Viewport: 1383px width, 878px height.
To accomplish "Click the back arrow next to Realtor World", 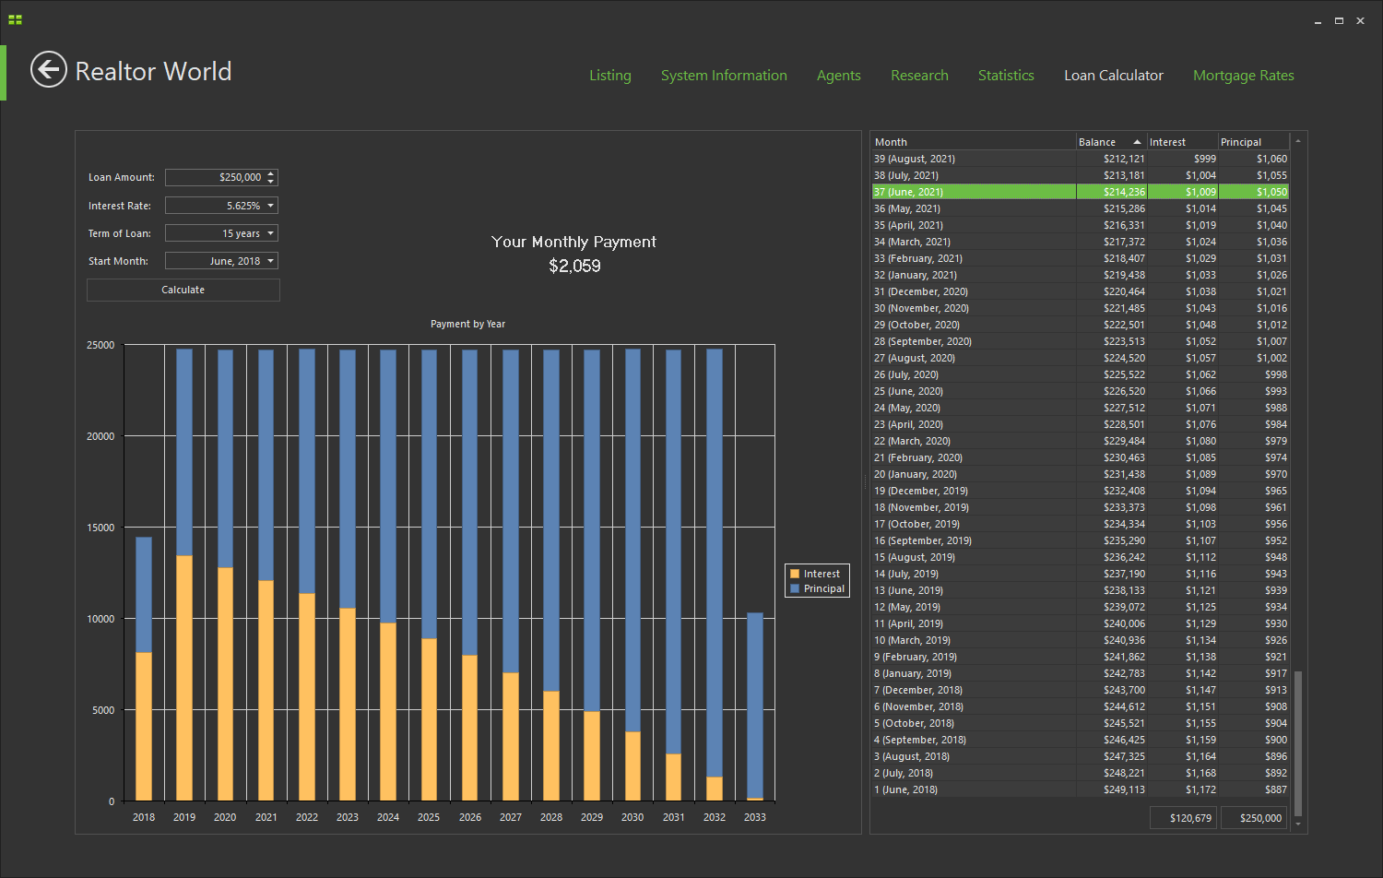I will pos(48,70).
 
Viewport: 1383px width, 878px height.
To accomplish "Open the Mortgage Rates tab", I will pos(1243,76).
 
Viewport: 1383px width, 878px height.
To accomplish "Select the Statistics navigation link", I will pos(1005,76).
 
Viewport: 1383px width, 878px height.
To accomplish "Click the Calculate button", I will pos(183,290).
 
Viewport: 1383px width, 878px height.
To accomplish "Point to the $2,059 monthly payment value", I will pos(574,267).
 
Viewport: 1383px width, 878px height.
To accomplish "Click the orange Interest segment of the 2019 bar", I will pos(184,678).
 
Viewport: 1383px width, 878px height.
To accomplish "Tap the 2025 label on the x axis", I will pos(429,817).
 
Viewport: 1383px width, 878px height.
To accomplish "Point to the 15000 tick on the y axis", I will pos(100,528).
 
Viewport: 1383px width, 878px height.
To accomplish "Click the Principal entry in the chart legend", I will pos(822,588).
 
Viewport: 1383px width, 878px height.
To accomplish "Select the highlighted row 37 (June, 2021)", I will pos(973,192).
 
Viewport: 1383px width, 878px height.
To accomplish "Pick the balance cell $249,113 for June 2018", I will pos(1123,789).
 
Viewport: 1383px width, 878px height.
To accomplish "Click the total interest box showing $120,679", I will pos(1183,818).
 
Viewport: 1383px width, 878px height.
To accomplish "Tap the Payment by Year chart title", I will pos(467,324).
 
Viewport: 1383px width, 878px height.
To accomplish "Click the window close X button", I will pos(1360,20).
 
